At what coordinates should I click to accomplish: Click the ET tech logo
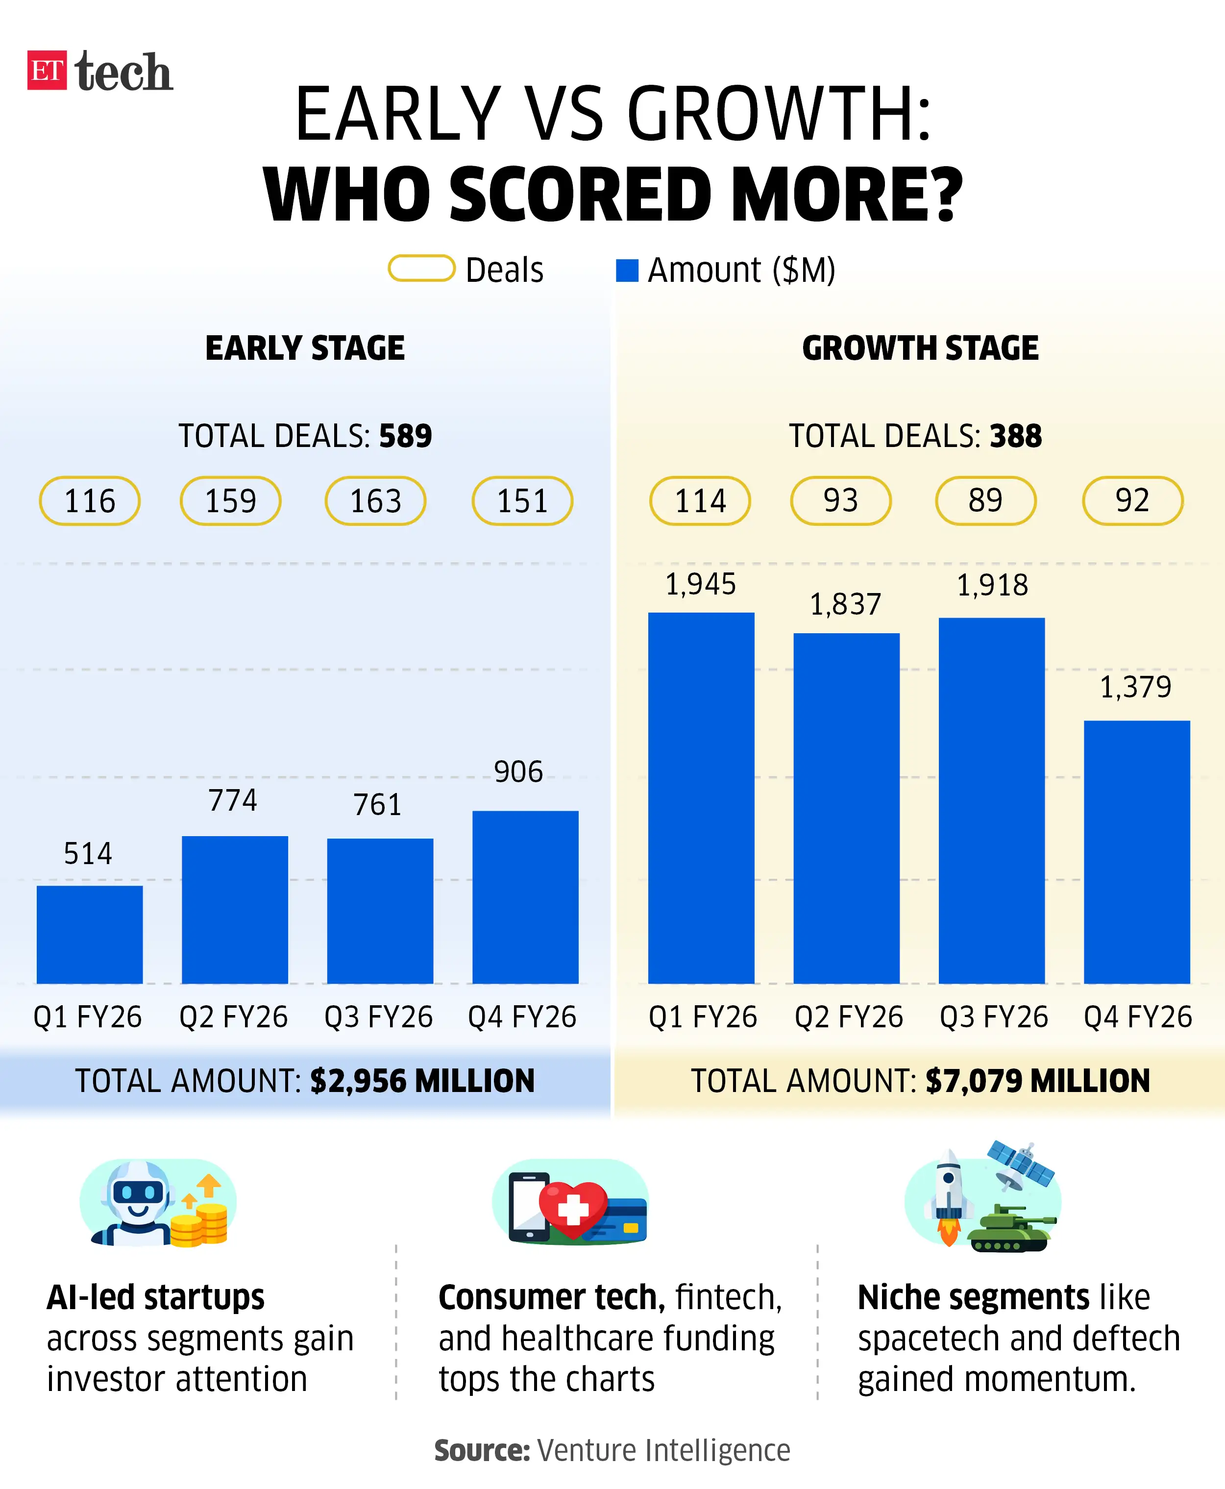click(x=99, y=71)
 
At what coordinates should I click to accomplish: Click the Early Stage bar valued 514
click(x=90, y=934)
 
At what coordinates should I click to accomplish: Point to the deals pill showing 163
click(x=375, y=501)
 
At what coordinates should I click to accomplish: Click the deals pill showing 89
click(x=985, y=500)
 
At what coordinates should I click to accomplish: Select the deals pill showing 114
click(x=699, y=501)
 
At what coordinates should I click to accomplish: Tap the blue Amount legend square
click(x=627, y=270)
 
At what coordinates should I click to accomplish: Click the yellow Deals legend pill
click(x=421, y=268)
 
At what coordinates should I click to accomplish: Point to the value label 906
click(x=518, y=771)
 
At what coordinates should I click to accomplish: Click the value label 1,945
click(x=700, y=584)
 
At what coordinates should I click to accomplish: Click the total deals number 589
click(x=405, y=436)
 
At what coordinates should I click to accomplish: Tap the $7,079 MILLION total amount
click(x=1037, y=1080)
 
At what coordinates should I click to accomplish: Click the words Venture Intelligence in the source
click(x=663, y=1450)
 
